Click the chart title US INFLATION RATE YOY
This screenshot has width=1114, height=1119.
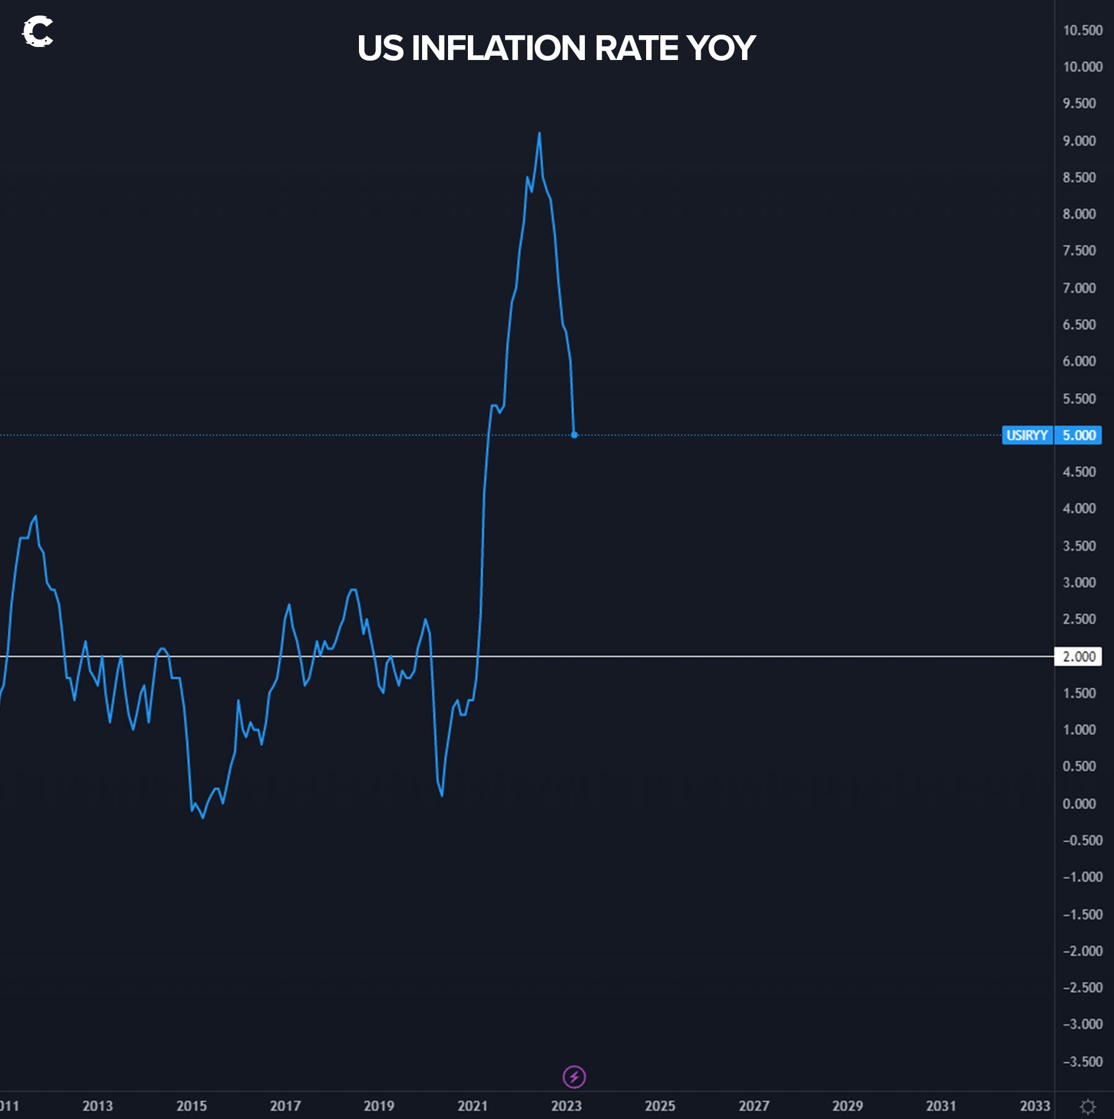(556, 48)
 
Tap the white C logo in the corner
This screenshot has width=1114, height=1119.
(37, 32)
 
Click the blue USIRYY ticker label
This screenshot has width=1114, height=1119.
(1027, 435)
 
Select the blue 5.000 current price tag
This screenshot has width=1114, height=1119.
(1079, 435)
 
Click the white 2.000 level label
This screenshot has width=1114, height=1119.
(1078, 656)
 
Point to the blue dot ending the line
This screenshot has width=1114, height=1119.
(574, 435)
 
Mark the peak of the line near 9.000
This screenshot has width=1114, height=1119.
(539, 133)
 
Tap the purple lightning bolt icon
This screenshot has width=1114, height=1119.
(574, 1077)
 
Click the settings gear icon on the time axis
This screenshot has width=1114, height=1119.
(1087, 1106)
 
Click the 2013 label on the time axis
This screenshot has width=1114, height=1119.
(98, 1106)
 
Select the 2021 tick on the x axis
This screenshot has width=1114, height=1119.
(472, 1106)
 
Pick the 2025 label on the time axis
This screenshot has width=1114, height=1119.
(660, 1106)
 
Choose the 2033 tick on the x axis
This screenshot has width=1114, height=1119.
(1035, 1106)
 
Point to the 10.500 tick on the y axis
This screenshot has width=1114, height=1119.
(1082, 30)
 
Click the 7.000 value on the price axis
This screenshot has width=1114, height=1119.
(1079, 288)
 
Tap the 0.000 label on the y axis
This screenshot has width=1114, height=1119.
(1079, 804)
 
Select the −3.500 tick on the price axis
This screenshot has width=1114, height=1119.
(1082, 1062)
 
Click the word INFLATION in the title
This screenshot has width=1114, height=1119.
(498, 48)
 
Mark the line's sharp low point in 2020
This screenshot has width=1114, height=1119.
(442, 795)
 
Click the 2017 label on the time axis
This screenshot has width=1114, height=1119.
(285, 1106)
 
